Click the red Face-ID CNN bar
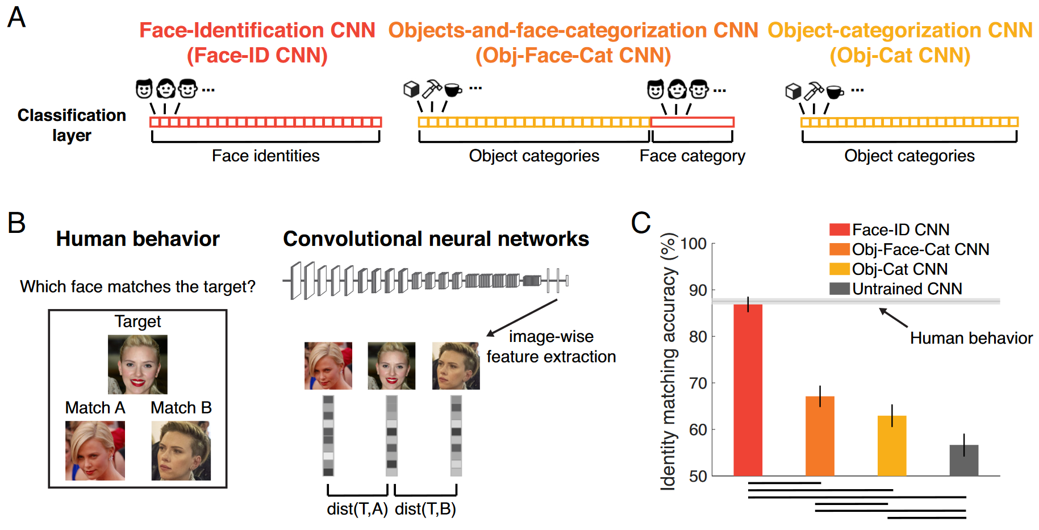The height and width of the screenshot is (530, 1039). coord(748,390)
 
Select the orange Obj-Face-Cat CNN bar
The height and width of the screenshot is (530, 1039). coord(820,436)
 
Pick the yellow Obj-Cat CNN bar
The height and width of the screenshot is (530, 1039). coord(892,445)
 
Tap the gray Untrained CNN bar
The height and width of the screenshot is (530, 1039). coord(964,460)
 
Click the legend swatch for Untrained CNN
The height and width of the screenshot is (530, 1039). coord(840,289)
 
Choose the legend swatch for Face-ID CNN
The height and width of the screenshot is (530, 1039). coord(840,229)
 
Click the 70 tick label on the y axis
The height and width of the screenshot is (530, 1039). coord(698,383)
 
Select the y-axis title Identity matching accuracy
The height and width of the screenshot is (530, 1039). coord(669,361)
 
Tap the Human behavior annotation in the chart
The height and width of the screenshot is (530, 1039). coord(971,338)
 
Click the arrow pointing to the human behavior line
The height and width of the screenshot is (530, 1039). coord(893,318)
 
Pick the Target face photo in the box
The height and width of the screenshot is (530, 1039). coord(137,364)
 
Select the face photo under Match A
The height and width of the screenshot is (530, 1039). coord(95,450)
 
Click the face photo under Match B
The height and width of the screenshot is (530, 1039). coord(181,450)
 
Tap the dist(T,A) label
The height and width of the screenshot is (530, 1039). coord(357,509)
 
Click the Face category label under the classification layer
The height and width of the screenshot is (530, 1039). coord(692,156)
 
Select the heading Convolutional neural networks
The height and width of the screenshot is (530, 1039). coord(436,239)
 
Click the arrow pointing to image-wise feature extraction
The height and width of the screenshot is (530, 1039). coord(522,318)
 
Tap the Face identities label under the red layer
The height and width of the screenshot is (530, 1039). coord(266,156)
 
